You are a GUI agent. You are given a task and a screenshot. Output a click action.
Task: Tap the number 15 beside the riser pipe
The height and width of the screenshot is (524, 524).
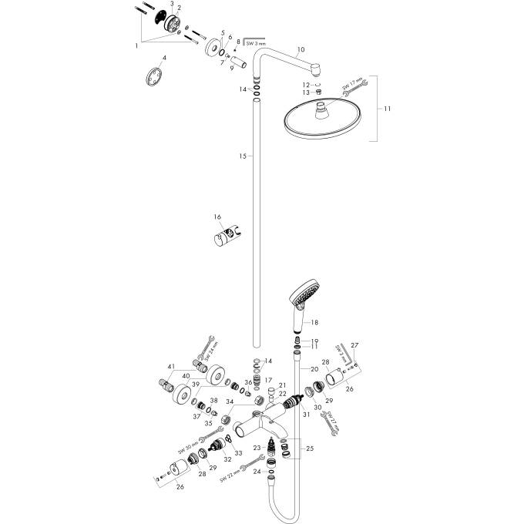click(x=242, y=156)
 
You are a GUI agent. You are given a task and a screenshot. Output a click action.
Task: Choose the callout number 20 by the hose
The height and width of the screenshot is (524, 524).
click(x=314, y=371)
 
